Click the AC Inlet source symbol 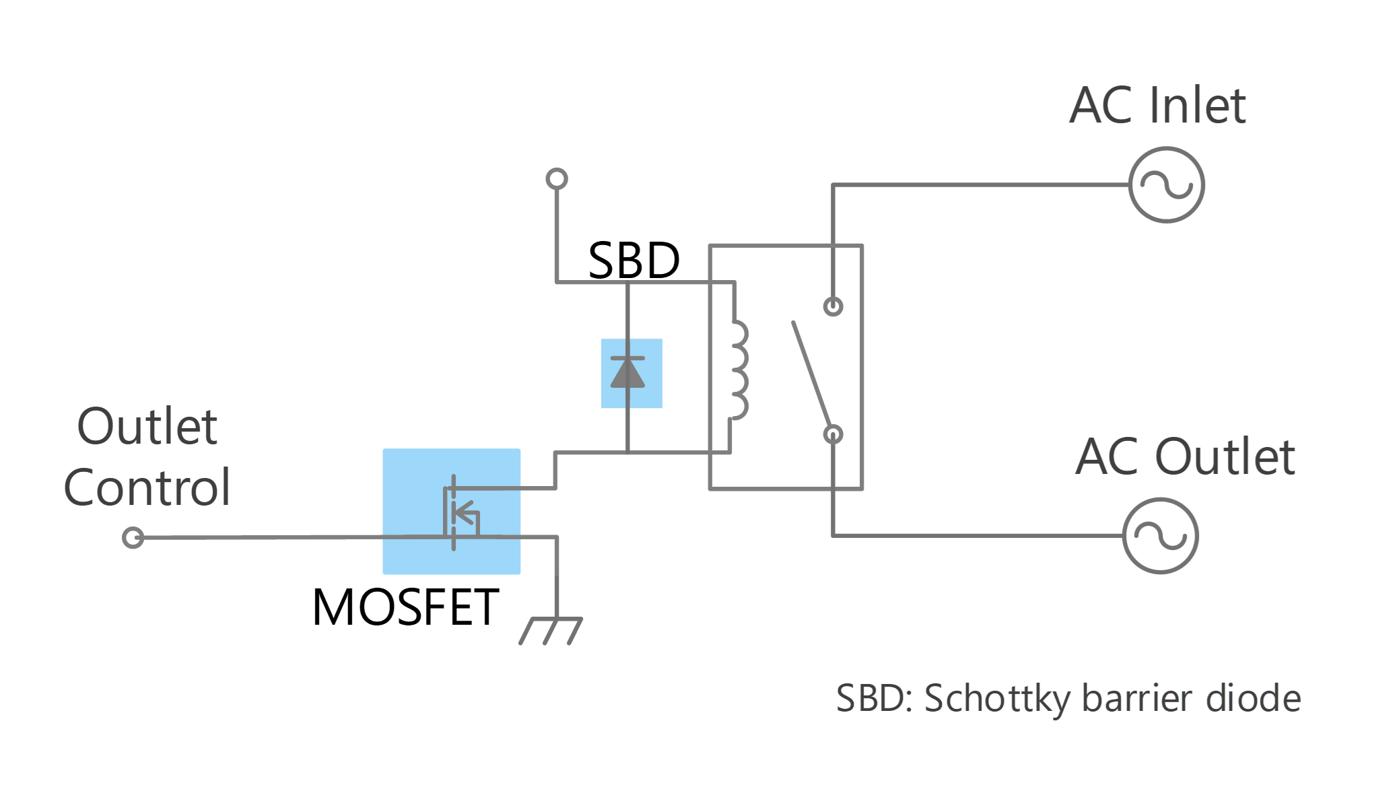[1167, 184]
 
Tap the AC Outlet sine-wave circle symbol [1161, 536]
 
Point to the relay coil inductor [739, 370]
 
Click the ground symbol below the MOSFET [551, 631]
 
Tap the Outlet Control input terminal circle [133, 538]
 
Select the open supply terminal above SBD [557, 179]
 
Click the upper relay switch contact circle [833, 307]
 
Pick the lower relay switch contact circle [833, 434]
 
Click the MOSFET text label [405, 607]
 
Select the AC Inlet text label [1157, 105]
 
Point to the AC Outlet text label [1185, 456]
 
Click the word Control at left [147, 487]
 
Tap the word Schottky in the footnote [997, 699]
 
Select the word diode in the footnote [1254, 698]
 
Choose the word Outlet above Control [147, 426]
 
